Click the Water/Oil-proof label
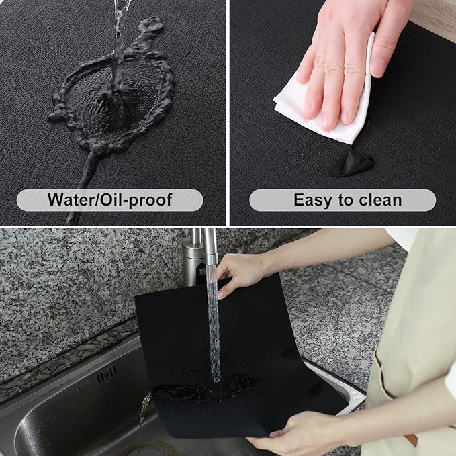[109, 199]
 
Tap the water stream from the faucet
[214, 322]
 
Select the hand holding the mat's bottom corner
[295, 437]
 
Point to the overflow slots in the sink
[106, 371]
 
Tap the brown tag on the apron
[410, 439]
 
